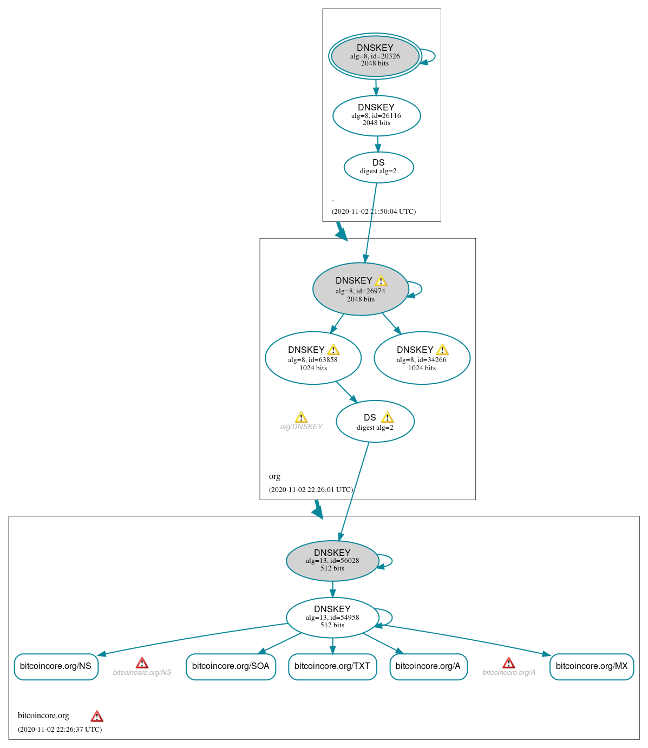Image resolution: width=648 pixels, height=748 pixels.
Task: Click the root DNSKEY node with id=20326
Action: point(375,56)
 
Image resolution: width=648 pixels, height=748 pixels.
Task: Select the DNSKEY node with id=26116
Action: point(376,115)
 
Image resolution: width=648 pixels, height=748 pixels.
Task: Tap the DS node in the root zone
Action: point(378,167)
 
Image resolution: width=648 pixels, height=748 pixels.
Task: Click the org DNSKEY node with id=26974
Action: point(360,289)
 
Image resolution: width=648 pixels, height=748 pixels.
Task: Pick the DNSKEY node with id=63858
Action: point(313,358)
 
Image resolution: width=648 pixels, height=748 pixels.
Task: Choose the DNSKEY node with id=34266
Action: point(422,358)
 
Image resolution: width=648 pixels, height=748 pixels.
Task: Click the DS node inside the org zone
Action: point(375,421)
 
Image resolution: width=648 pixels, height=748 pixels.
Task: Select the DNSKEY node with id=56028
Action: point(332,561)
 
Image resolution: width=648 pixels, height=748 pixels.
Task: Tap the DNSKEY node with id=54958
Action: point(332,617)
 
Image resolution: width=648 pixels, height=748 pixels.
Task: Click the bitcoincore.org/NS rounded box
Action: point(56,666)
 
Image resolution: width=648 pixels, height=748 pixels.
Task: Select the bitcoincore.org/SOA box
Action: point(231,666)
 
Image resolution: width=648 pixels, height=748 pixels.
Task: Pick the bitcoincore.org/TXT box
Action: point(332,666)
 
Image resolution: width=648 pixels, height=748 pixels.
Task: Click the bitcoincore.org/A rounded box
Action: point(428,666)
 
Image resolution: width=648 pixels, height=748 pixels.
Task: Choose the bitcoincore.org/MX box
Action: point(591,666)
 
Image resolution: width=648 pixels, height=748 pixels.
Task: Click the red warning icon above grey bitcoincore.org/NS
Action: point(142,663)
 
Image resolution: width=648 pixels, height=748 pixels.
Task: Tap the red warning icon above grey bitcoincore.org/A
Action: point(508,663)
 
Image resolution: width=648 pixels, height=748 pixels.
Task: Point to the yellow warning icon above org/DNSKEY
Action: point(301,417)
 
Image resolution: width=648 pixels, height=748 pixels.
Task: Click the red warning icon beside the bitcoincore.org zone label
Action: point(97,717)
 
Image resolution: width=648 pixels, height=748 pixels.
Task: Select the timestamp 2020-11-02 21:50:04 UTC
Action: point(374,212)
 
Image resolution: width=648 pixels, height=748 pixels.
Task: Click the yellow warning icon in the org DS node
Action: point(387,417)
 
